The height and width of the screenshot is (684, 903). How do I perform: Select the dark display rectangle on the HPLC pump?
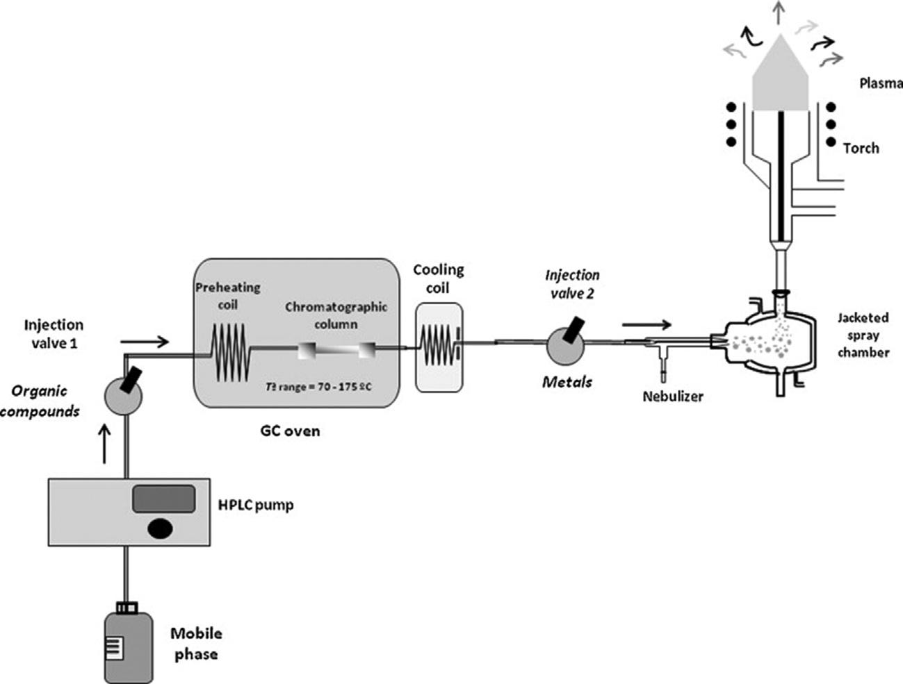(x=163, y=499)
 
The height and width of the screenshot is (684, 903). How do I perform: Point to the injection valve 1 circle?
(x=122, y=395)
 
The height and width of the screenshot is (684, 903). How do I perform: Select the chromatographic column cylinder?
(x=337, y=350)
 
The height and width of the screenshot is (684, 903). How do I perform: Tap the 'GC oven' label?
(x=286, y=431)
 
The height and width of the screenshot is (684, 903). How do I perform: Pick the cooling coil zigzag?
(x=439, y=345)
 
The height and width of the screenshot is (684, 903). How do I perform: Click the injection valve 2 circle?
(x=566, y=344)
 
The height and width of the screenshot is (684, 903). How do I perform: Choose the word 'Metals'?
(x=569, y=381)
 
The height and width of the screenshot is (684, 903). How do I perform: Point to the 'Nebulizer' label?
(x=674, y=397)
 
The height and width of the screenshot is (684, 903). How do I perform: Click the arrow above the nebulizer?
(x=648, y=324)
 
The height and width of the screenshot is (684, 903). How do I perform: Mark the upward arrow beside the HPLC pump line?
(x=104, y=445)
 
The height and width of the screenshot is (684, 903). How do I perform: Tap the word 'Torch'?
(x=861, y=148)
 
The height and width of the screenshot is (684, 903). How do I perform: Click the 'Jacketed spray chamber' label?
(x=863, y=335)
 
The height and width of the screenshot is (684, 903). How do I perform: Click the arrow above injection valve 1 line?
(x=145, y=342)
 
